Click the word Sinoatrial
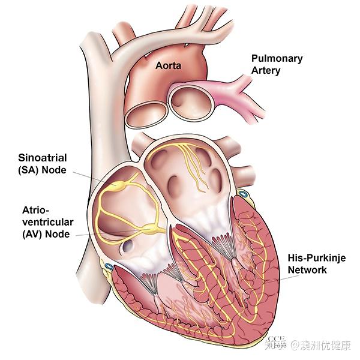point(41,157)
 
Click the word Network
point(307,270)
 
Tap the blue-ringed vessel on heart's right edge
point(242,193)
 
